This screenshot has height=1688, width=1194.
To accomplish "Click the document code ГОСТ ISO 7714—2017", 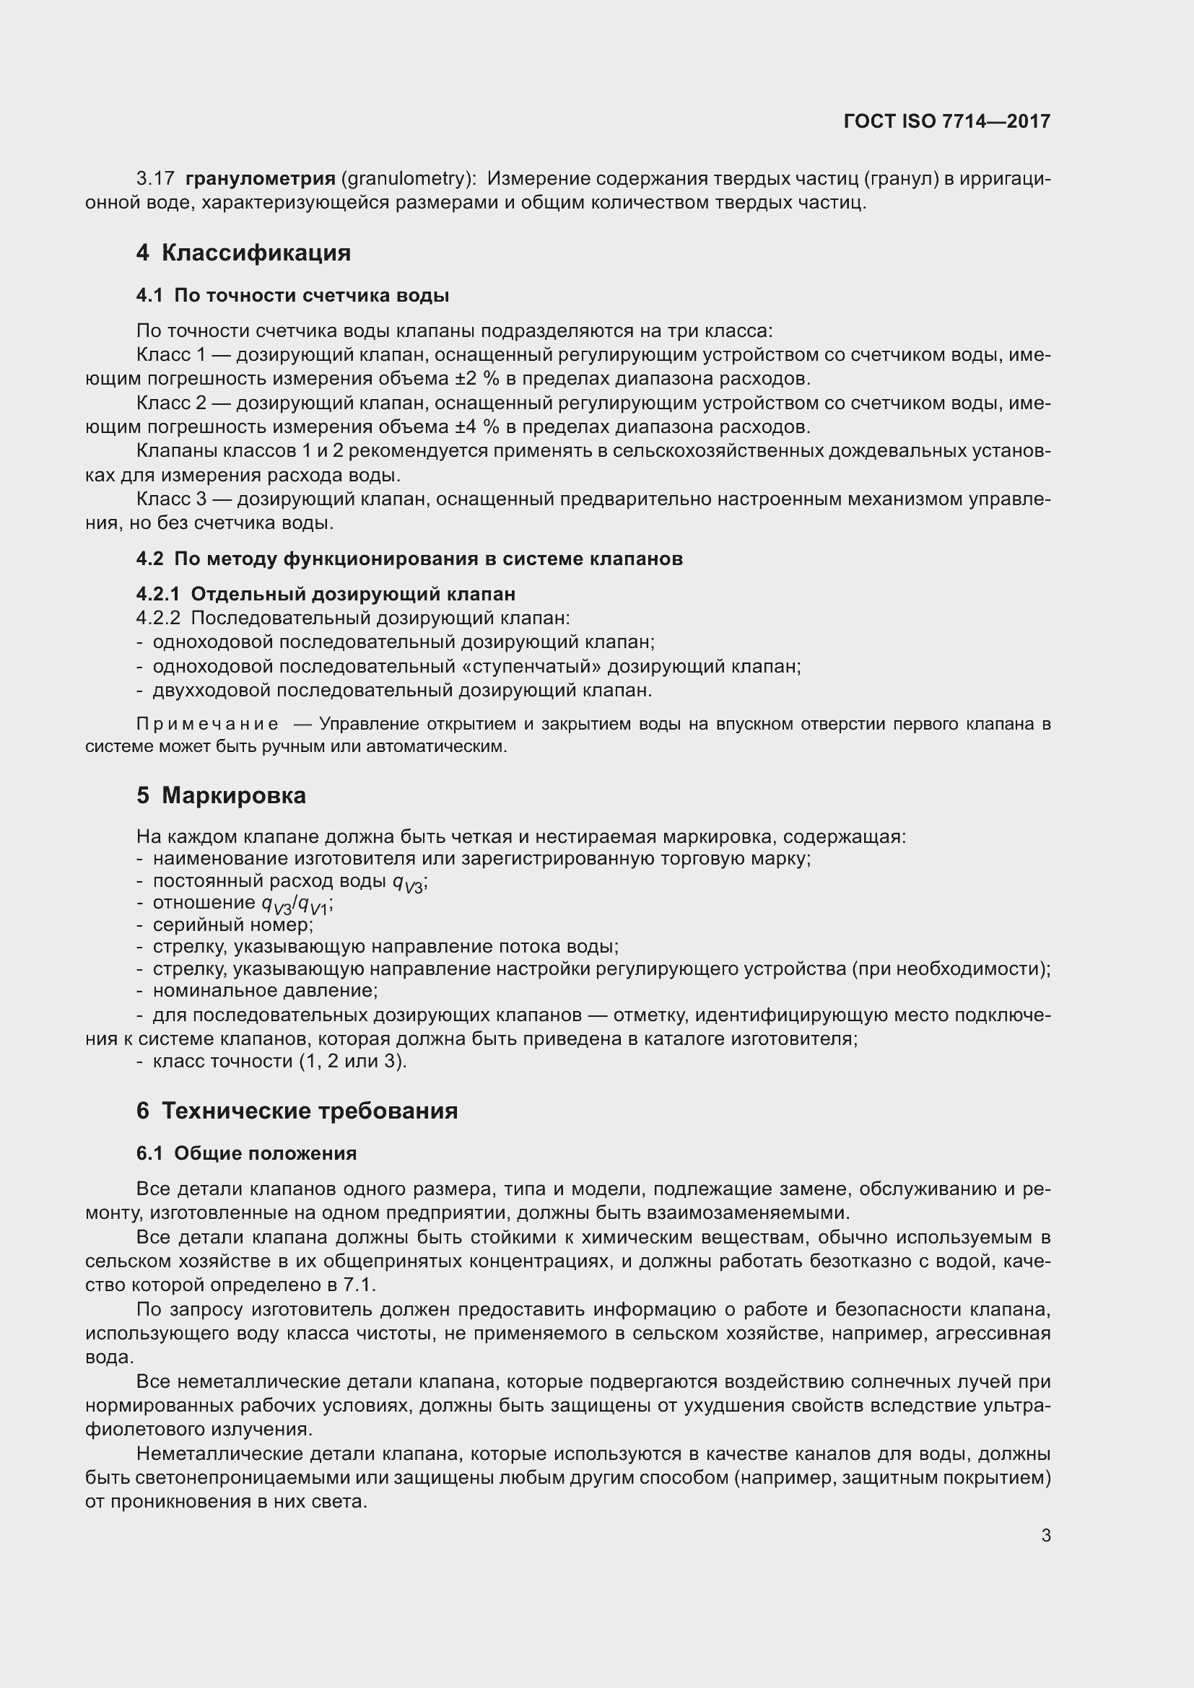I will [947, 121].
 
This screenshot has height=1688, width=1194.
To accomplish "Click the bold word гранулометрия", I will [261, 179].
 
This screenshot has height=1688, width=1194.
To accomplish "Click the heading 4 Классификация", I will [243, 253].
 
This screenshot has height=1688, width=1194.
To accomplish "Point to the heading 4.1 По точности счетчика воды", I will [292, 296].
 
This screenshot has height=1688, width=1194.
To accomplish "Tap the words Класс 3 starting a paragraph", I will [171, 500].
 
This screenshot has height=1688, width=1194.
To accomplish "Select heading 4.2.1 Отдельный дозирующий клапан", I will [326, 594].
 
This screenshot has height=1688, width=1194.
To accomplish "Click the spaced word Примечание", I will [207, 724].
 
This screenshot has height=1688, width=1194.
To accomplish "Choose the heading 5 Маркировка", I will [222, 795].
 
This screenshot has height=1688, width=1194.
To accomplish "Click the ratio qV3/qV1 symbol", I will [297, 905].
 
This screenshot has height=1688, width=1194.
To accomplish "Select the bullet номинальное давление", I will [265, 991].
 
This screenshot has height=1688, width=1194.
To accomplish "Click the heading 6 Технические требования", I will [297, 1111].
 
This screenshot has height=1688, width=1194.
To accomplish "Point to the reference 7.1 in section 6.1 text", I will [359, 1285].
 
